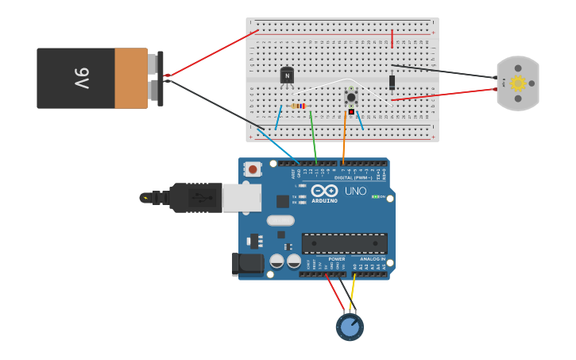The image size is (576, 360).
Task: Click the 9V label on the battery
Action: (x=82, y=78)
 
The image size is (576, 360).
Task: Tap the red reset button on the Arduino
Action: (x=253, y=168)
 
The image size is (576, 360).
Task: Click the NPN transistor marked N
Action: (x=287, y=75)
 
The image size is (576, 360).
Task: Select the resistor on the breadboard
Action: (x=298, y=106)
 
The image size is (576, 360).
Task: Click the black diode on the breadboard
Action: (x=392, y=81)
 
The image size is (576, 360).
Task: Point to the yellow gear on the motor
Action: (x=518, y=83)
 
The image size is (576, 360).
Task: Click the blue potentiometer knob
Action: (x=350, y=327)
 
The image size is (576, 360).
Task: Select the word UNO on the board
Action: (x=354, y=192)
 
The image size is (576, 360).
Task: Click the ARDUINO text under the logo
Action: (x=324, y=200)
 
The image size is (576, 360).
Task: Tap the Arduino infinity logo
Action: (x=324, y=191)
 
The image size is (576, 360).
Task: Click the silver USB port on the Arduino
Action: (x=242, y=198)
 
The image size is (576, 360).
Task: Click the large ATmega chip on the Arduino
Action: (x=344, y=243)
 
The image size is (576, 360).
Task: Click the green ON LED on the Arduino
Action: (x=375, y=196)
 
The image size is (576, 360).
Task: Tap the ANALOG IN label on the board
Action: (x=372, y=259)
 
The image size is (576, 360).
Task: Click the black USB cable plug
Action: (x=194, y=198)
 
